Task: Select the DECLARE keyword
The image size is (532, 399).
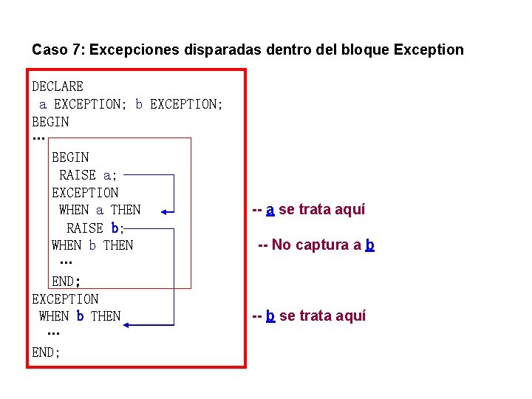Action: [58, 86]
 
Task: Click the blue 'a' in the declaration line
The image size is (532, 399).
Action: [43, 104]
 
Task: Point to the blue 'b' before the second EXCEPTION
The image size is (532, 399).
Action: [139, 104]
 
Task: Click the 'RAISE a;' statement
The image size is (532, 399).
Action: [88, 175]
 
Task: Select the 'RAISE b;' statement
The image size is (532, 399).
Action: [95, 228]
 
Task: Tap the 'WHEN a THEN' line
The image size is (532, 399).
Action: [99, 210]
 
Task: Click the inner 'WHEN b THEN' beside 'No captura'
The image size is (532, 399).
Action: [92, 245]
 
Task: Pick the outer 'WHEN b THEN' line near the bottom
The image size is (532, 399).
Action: [80, 316]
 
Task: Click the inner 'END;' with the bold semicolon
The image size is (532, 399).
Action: [66, 281]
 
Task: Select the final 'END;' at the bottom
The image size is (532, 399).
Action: [46, 352]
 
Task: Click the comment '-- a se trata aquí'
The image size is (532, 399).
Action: [308, 210]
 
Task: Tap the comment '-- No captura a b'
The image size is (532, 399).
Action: [316, 245]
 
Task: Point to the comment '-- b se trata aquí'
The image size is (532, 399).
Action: [308, 316]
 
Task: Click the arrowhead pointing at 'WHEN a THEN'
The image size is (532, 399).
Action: [166, 211]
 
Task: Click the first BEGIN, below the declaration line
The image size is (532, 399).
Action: [50, 122]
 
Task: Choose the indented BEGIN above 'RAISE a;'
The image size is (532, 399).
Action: [70, 157]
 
